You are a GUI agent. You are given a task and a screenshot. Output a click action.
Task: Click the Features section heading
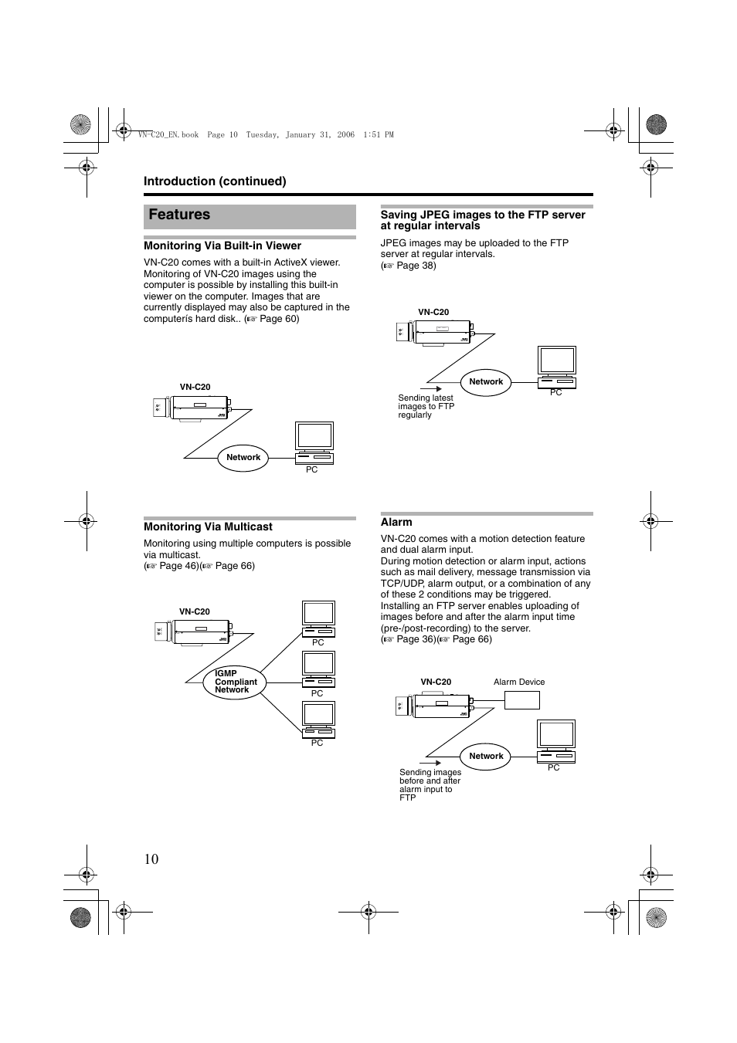179,215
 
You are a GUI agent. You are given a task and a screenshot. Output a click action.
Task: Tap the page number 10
151,858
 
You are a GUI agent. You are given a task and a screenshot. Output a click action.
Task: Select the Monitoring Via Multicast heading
208,527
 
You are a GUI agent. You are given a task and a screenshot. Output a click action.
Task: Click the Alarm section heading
396,522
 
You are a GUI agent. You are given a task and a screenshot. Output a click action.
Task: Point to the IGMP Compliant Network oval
234,682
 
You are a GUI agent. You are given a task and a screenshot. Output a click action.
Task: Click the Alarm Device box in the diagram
521,700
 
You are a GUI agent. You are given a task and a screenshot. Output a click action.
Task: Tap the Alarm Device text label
519,682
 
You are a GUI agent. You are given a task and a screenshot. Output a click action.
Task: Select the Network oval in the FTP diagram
486,381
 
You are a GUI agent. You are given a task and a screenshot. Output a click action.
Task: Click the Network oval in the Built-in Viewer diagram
243,457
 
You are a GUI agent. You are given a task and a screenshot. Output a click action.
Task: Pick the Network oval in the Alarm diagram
486,756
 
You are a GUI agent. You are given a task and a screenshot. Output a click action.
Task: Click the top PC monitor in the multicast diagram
318,614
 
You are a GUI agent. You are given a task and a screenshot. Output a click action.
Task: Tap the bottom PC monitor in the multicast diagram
318,715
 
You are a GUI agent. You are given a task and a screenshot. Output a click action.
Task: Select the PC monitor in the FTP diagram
557,361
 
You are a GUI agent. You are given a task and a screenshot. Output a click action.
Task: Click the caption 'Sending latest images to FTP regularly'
426,406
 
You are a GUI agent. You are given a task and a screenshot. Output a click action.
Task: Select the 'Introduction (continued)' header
215,181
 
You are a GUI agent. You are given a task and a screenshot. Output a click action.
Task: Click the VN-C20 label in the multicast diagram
195,611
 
